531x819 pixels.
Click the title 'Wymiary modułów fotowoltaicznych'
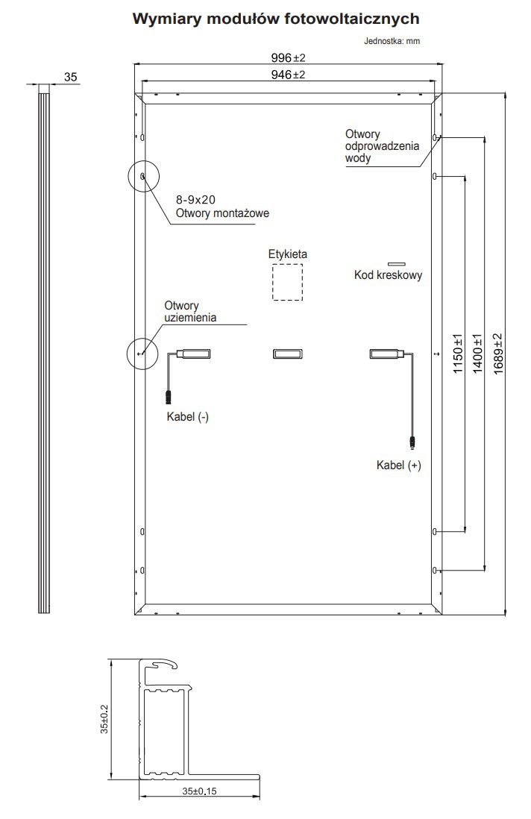point(276,19)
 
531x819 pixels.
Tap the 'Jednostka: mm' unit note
point(392,41)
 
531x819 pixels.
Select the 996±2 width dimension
point(288,57)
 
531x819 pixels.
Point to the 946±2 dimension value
point(288,75)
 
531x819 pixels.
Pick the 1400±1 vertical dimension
point(477,353)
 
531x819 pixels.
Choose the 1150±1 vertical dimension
point(458,353)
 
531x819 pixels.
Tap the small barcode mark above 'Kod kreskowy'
point(396,264)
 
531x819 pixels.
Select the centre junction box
point(287,354)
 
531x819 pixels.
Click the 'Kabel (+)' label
point(399,465)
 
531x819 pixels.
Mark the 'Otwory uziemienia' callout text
point(190,311)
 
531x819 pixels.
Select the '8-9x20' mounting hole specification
point(196,199)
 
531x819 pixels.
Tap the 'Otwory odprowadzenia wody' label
point(382,146)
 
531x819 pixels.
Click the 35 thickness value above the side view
point(71,77)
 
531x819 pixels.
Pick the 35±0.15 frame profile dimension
point(199,791)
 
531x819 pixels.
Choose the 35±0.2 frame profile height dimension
point(104,719)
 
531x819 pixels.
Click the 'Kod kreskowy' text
point(388,275)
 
